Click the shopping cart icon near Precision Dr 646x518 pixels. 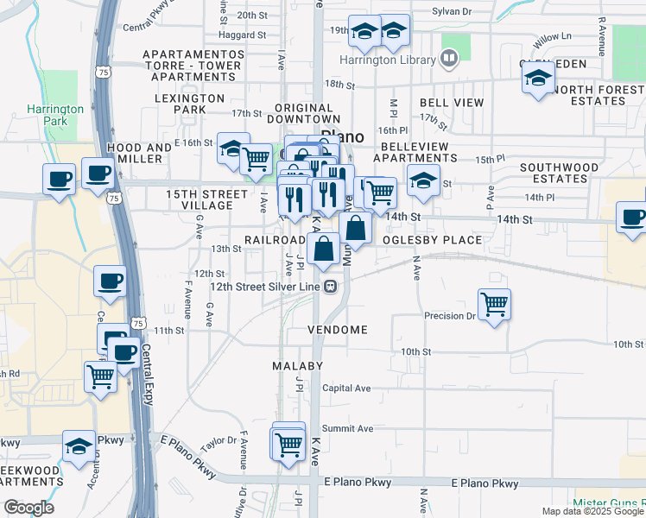494,304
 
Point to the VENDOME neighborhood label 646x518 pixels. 339,330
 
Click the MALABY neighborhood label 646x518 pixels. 297,366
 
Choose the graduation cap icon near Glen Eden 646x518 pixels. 538,79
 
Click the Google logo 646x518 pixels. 29,508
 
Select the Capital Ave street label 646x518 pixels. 346,388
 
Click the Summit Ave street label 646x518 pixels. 347,428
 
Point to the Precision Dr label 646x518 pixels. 450,316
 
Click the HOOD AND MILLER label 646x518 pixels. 140,154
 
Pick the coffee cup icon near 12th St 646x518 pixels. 111,281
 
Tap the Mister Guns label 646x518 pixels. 608,502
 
